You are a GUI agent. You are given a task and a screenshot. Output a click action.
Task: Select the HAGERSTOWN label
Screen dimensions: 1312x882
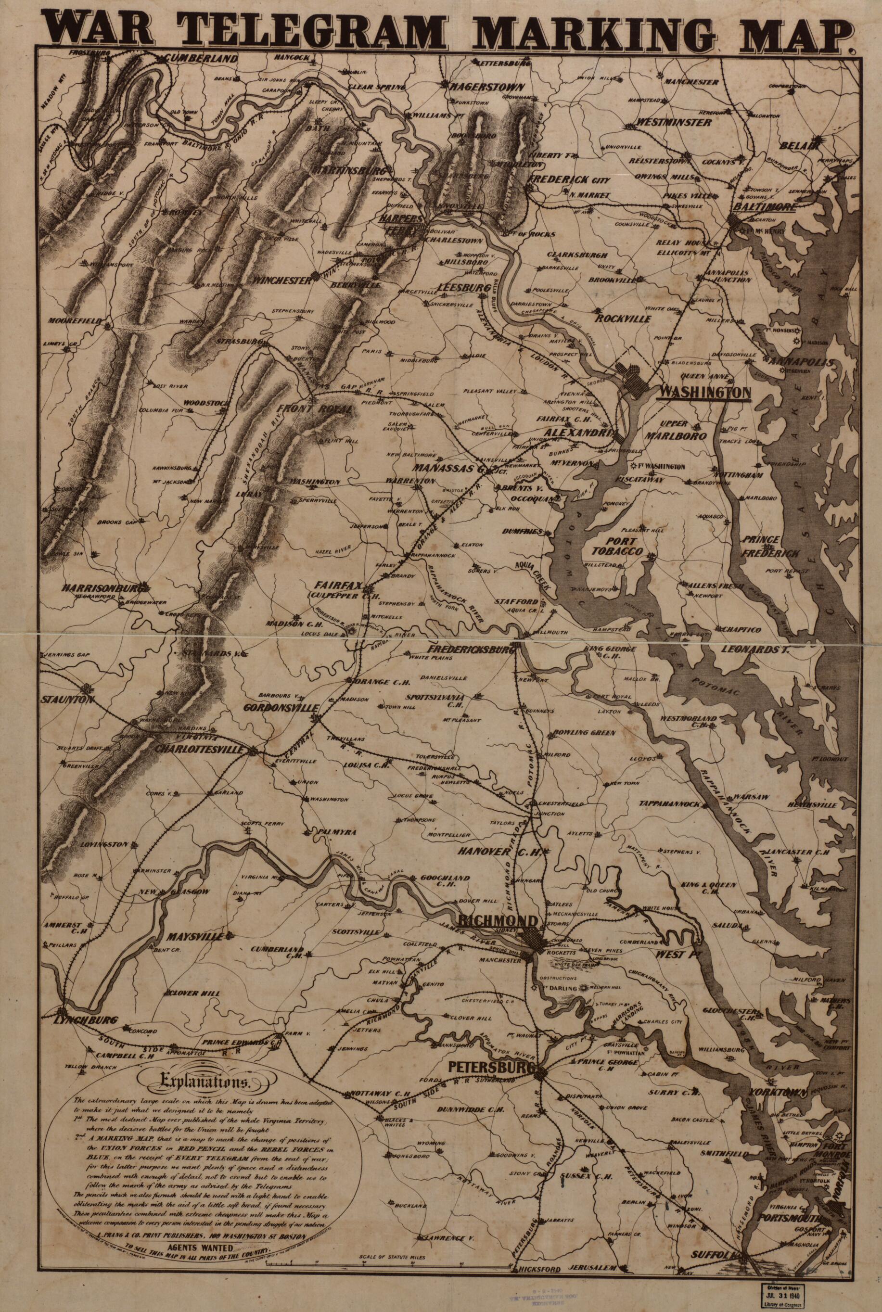486,88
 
